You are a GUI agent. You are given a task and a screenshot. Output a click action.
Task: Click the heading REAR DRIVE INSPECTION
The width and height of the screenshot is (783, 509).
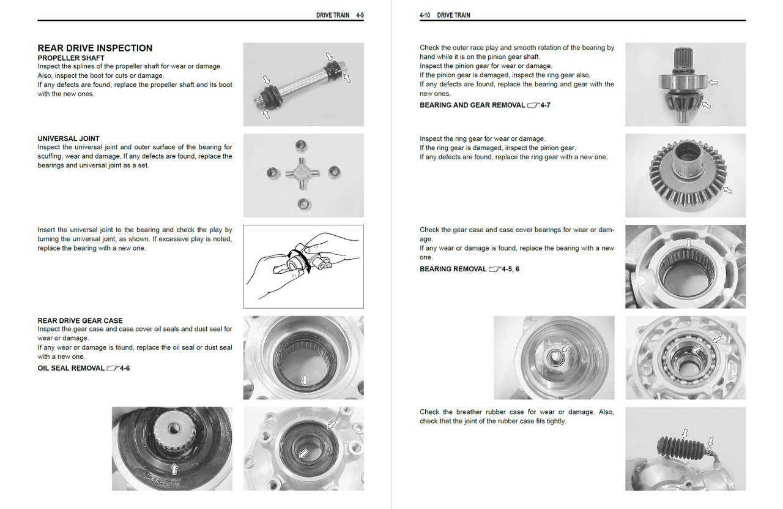pyautogui.click(x=95, y=48)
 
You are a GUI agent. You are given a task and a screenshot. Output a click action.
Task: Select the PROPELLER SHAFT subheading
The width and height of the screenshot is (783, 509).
pyautogui.click(x=71, y=58)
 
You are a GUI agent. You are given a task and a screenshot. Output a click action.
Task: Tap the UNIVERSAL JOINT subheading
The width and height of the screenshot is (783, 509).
pyautogui.click(x=69, y=138)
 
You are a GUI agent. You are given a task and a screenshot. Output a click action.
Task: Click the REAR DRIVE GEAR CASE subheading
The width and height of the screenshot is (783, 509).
pyautogui.click(x=80, y=320)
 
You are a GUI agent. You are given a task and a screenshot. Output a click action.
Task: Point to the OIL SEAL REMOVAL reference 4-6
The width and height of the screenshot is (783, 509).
pyautogui.click(x=84, y=368)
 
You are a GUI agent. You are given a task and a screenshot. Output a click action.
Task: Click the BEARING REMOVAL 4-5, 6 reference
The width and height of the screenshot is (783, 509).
pyautogui.click(x=469, y=269)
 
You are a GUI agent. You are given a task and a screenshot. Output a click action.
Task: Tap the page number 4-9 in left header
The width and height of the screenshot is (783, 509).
pyautogui.click(x=360, y=15)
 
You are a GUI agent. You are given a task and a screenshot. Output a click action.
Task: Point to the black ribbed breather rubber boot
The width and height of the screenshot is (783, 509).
pyautogui.click(x=680, y=453)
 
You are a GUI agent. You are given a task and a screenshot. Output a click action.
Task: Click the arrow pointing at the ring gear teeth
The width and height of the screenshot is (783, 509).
pyautogui.click(x=727, y=191)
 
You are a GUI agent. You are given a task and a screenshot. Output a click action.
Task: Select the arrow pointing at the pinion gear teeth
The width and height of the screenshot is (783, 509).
pyautogui.click(x=707, y=105)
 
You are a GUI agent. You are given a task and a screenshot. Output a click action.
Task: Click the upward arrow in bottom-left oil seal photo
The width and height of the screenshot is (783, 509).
pyautogui.click(x=174, y=469)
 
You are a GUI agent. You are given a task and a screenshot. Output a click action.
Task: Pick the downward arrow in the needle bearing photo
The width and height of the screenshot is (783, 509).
pyautogui.click(x=688, y=244)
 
